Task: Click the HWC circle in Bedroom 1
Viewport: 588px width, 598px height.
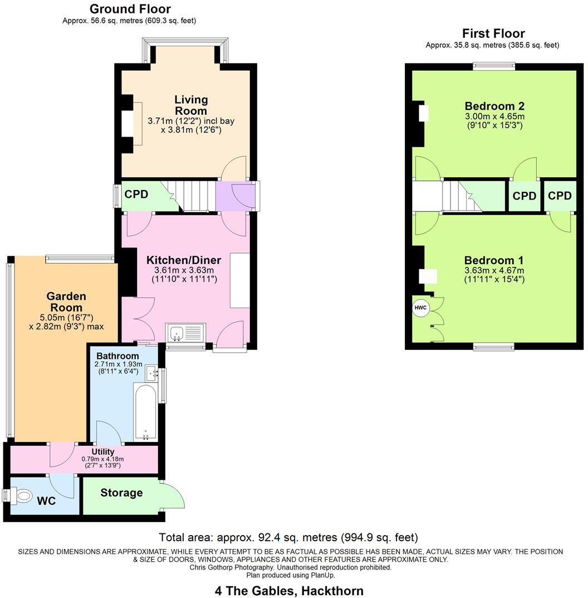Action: point(420,307)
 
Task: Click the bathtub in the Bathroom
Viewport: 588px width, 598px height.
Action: point(146,411)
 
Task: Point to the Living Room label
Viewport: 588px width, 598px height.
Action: point(191,105)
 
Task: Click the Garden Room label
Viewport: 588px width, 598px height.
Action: point(66,302)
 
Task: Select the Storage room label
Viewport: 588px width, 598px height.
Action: point(121,493)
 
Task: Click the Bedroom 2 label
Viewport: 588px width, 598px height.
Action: point(494,106)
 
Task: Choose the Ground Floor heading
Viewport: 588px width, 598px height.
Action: point(130,9)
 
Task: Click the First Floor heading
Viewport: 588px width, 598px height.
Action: point(493,33)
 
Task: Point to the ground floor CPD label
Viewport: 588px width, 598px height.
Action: point(136,195)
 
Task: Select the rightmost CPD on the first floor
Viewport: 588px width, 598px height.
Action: point(560,196)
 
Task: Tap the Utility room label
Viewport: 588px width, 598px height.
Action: point(103,451)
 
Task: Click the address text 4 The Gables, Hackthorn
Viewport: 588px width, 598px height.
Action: point(289,590)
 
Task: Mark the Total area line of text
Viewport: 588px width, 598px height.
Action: point(288,538)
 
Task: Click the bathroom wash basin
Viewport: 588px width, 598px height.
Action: point(151,372)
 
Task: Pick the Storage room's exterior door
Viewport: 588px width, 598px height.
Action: point(173,495)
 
